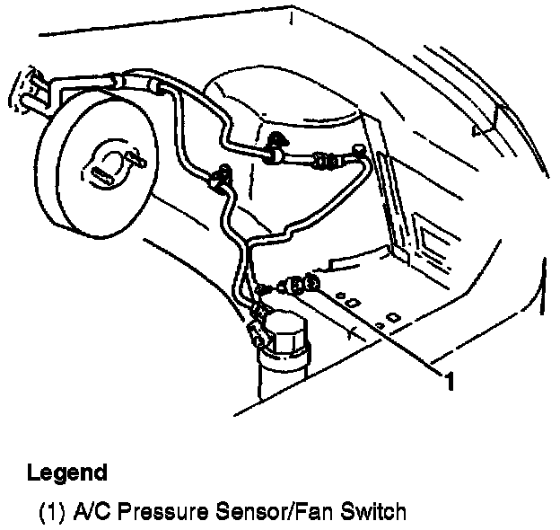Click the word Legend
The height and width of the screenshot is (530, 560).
pyautogui.click(x=67, y=473)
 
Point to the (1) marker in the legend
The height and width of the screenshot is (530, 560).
pyautogui.click(x=50, y=513)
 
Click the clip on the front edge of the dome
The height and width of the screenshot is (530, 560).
pyautogui.click(x=275, y=139)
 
